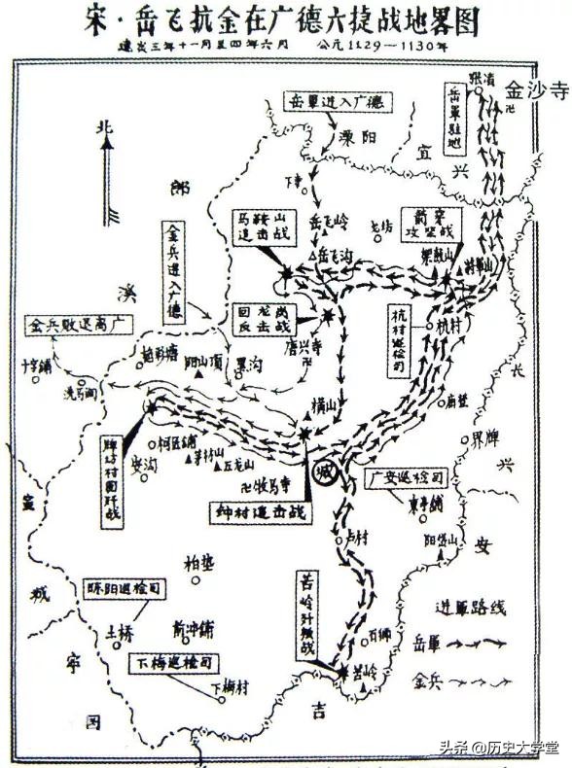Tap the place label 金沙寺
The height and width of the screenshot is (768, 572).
pyautogui.click(x=534, y=90)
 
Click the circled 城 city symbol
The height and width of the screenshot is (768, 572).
pyautogui.click(x=328, y=473)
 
